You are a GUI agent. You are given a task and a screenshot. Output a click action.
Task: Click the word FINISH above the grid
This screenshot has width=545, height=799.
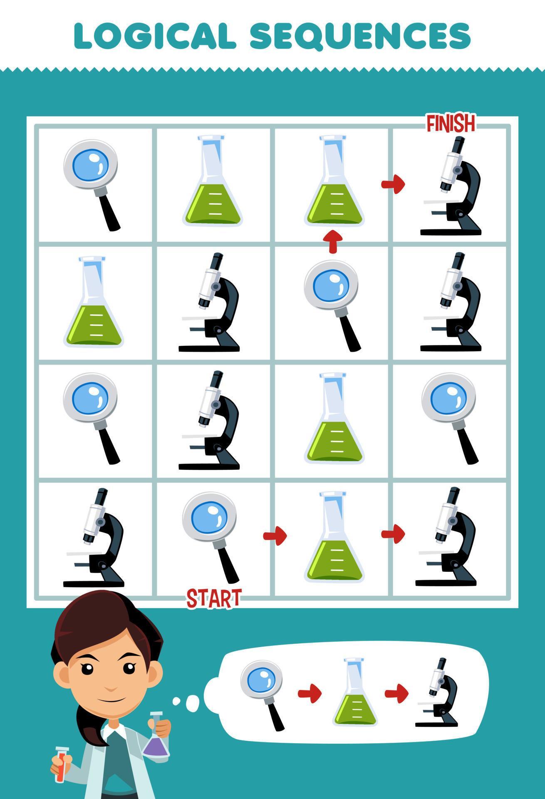[451, 123]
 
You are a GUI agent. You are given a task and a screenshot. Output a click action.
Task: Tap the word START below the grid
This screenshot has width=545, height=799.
[214, 598]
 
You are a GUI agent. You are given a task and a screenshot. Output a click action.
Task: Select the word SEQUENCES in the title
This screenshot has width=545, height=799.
[360, 36]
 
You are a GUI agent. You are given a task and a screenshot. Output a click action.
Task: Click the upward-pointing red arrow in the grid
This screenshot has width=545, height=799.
[332, 241]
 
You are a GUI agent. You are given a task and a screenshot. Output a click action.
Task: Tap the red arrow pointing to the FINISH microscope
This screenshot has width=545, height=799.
[393, 184]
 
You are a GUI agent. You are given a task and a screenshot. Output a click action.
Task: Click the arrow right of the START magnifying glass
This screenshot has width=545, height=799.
[275, 535]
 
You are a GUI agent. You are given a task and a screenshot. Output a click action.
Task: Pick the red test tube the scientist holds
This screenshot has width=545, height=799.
[62, 761]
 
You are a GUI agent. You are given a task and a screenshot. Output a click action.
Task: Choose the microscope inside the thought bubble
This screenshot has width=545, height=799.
[437, 692]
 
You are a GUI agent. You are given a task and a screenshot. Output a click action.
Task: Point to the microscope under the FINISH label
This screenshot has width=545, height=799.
[452, 186]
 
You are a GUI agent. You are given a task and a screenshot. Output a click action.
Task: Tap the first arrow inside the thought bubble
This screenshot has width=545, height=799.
[310, 693]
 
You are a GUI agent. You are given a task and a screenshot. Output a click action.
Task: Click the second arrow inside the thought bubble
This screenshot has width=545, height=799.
[396, 693]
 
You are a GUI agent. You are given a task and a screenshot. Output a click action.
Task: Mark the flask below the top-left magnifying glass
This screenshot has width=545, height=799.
[94, 302]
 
